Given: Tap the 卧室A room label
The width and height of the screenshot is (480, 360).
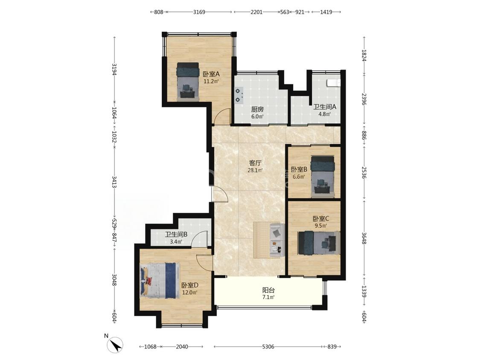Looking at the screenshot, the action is tap(212, 74).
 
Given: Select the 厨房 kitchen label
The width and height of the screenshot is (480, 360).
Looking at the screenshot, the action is tap(257, 109).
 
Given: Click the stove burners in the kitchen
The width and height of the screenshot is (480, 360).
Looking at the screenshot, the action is tap(239, 95).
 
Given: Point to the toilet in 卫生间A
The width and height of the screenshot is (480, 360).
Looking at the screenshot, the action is tap(333, 83).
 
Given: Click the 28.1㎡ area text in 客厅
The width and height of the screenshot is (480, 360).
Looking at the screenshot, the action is tap(255, 171).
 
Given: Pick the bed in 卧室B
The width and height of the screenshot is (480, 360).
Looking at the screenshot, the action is tap(323, 177).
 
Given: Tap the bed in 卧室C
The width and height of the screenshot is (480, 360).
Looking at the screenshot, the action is tap(319, 243).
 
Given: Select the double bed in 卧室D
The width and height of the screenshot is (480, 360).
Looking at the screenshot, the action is tap(160, 280).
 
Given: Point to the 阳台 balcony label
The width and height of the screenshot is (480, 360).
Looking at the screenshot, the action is tap(268, 290).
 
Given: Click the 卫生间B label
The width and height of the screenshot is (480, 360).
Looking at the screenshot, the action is tap(176, 235).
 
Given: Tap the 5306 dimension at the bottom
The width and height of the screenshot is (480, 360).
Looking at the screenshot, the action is tap(268, 347).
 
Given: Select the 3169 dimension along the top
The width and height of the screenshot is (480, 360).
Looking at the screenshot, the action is tap(199, 12).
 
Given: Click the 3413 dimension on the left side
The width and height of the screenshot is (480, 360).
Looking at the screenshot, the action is tap(114, 182).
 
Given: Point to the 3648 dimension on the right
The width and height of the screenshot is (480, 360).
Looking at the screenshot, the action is tap(364, 238).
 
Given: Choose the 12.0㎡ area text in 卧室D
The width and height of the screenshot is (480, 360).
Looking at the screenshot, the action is tap(190, 292).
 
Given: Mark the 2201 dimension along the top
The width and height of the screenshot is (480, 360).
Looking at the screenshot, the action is tap(256, 12).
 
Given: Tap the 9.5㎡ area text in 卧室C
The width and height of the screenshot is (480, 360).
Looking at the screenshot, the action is tap(321, 226).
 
